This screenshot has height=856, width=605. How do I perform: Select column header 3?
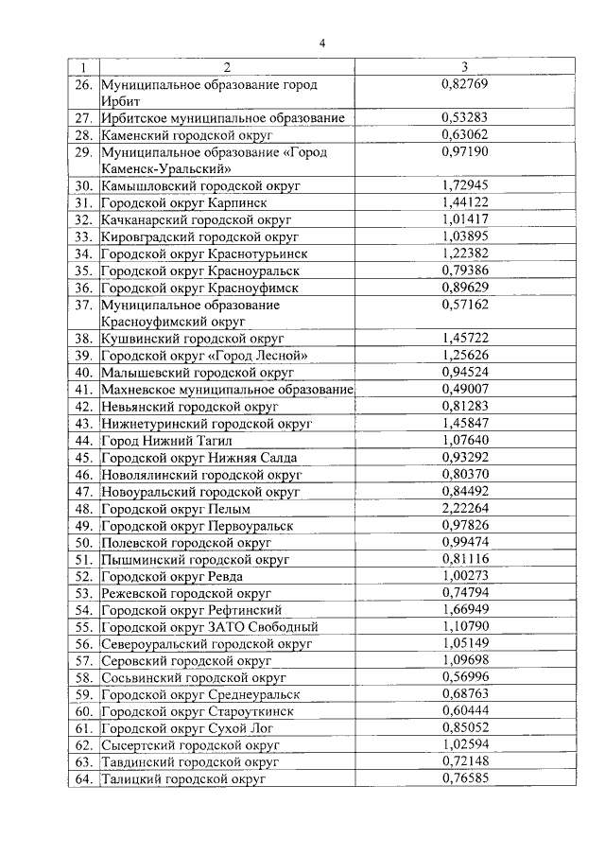(464, 67)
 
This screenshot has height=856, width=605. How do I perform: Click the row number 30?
(83, 186)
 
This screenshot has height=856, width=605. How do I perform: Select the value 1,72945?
(464, 185)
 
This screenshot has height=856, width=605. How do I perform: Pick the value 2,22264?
(464, 509)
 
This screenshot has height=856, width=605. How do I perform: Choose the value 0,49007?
(464, 389)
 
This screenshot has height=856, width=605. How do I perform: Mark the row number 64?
(83, 779)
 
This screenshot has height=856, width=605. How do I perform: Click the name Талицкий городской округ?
(182, 779)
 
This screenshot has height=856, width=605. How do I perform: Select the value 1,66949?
(464, 610)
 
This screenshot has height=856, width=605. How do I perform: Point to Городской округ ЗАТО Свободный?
(209, 627)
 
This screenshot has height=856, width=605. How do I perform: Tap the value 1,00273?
(464, 576)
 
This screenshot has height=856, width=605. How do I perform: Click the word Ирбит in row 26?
(121, 101)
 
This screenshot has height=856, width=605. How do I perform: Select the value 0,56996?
(464, 677)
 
